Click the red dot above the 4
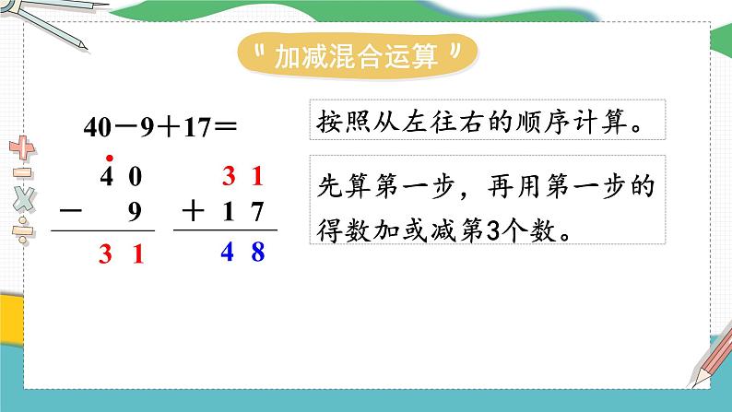[109, 157]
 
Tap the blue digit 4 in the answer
[233, 251]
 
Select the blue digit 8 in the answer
[258, 251]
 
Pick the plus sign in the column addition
[194, 211]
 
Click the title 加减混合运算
[357, 57]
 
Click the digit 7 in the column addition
[258, 212]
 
